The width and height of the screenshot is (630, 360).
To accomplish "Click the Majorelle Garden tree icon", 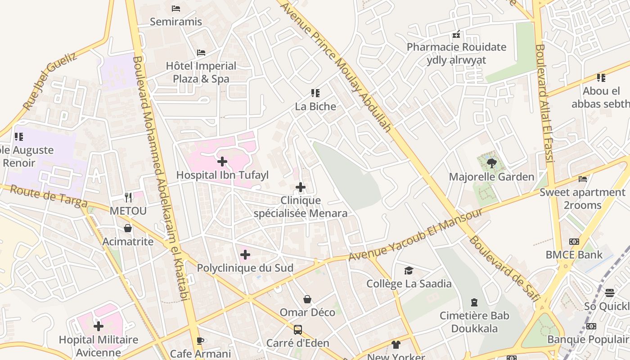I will (491, 163).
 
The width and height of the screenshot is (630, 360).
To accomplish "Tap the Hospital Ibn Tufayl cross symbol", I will (222, 161).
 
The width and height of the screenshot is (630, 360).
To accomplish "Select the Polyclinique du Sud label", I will (245, 268).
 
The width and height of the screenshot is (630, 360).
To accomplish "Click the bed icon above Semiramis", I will (176, 9).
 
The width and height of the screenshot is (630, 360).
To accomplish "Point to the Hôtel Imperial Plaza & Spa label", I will (201, 72).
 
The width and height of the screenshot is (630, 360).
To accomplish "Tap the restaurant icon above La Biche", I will (315, 93).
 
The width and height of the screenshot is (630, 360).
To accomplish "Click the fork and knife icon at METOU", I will (128, 197).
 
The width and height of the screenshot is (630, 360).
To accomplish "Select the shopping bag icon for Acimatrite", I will (128, 228).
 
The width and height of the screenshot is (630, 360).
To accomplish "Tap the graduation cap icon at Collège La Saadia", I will (409, 270).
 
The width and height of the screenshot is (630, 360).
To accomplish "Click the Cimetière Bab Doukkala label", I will (475, 322).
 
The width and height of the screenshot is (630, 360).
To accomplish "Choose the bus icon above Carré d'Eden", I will (297, 330).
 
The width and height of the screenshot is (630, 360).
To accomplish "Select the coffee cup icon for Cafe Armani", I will (200, 341).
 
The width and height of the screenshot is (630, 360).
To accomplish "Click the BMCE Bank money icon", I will (574, 242).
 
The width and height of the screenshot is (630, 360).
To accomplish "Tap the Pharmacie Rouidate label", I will (456, 47).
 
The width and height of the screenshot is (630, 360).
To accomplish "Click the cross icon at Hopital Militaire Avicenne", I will (99, 326).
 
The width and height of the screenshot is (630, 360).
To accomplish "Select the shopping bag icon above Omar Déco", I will (307, 299).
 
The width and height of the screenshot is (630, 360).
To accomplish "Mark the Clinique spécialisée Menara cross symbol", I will (301, 187).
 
